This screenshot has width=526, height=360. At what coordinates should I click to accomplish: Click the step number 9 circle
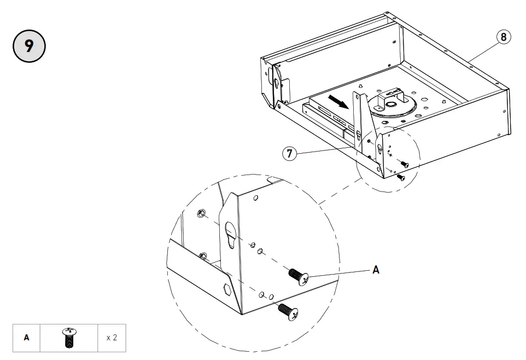tap(29, 45)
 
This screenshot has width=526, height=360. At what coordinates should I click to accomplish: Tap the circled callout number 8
tap(504, 37)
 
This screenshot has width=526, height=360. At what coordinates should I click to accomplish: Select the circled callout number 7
tap(290, 154)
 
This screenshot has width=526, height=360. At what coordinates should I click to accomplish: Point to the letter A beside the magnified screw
tap(376, 270)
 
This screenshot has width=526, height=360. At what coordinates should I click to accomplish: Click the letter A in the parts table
tap(26, 338)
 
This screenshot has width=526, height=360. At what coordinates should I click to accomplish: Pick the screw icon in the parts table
tap(69, 338)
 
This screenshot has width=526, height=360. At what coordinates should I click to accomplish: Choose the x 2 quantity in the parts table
tap(112, 338)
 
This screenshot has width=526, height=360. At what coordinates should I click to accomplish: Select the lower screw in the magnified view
tap(289, 311)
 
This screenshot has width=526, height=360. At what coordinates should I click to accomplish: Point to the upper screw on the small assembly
tap(404, 164)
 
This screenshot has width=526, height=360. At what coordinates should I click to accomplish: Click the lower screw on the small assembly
tap(400, 177)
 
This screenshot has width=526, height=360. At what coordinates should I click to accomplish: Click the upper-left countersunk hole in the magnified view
tap(202, 213)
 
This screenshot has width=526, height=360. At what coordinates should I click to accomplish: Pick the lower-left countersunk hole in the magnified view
tap(203, 255)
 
